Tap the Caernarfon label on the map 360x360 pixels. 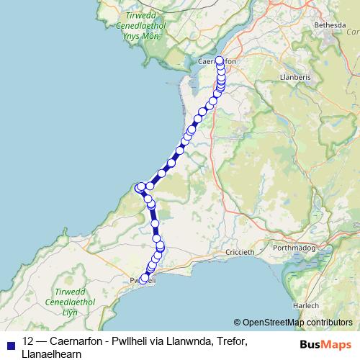coord(216,62)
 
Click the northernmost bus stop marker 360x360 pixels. coord(220,60)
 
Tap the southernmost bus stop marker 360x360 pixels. coord(144,278)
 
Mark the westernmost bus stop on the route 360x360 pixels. coord(139,189)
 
